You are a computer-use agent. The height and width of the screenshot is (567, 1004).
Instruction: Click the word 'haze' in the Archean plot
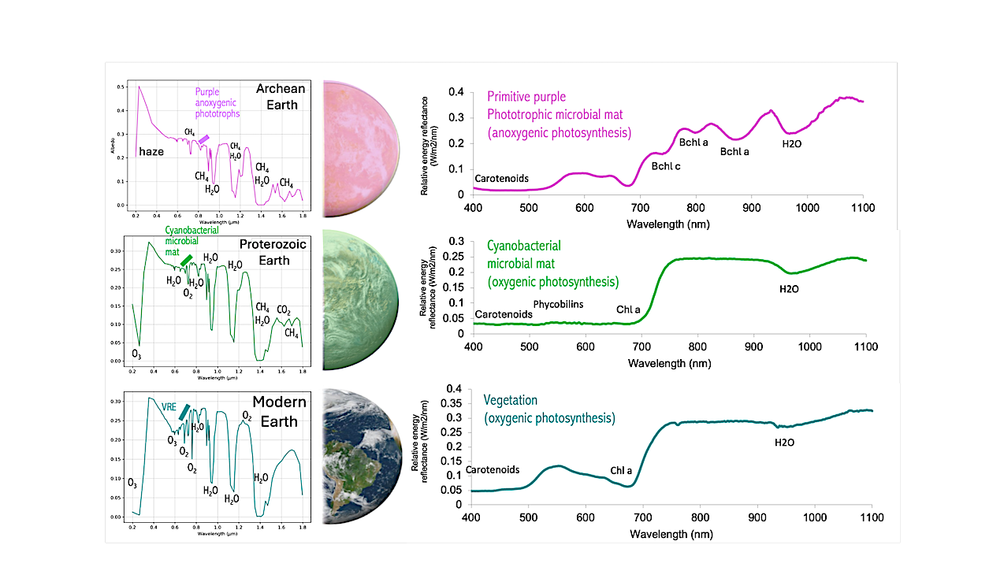click(151, 151)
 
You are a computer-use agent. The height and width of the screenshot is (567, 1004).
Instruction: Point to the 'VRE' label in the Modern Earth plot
click(169, 407)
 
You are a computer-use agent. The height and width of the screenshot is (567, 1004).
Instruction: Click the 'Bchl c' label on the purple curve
click(665, 166)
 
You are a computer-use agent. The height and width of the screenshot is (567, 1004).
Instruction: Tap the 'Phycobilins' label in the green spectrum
click(558, 303)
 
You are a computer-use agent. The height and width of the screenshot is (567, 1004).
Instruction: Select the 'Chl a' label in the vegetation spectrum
click(622, 471)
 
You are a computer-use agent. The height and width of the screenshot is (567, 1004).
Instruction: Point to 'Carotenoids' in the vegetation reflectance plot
click(493, 469)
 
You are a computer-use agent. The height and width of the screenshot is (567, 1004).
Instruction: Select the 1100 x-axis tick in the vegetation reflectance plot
click(871, 517)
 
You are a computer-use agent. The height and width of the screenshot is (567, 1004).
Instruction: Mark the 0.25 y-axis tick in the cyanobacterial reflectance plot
click(455, 256)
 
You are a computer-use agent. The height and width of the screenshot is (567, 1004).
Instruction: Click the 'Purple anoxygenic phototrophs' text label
click(217, 102)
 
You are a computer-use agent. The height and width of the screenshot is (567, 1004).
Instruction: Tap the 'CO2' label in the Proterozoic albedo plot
click(284, 310)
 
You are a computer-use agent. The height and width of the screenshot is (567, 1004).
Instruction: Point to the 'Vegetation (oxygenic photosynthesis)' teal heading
click(551, 409)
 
